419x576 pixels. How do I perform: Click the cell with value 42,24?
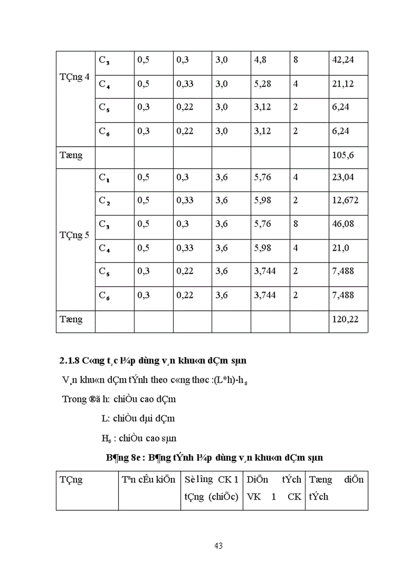click(343, 60)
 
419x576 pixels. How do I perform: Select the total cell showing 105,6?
click(343, 155)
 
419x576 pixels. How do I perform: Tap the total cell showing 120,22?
click(344, 320)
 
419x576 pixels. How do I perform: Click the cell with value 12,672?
click(346, 201)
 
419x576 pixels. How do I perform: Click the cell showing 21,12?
click(342, 84)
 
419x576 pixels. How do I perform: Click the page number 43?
click(217, 545)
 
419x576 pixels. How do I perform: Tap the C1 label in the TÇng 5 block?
click(104, 178)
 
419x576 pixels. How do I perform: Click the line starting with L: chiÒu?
click(138, 419)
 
